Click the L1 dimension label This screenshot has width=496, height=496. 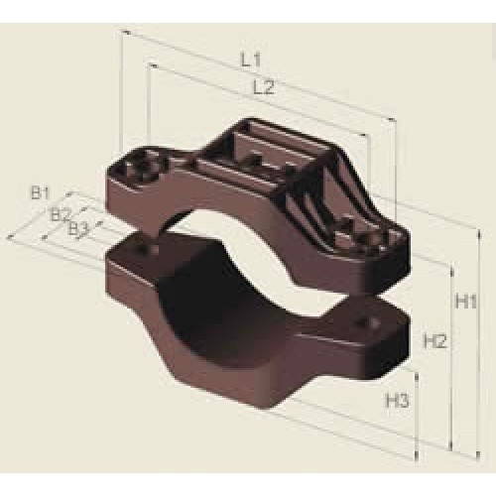(250, 61)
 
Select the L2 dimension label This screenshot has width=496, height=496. (264, 87)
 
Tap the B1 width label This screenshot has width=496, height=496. (40, 193)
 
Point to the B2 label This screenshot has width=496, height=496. (61, 215)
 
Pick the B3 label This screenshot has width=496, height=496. (78, 229)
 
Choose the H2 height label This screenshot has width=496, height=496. (435, 341)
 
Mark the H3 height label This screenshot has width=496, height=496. (398, 401)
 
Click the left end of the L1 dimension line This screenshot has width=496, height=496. (123, 32)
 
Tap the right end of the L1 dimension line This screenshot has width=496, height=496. (394, 119)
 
